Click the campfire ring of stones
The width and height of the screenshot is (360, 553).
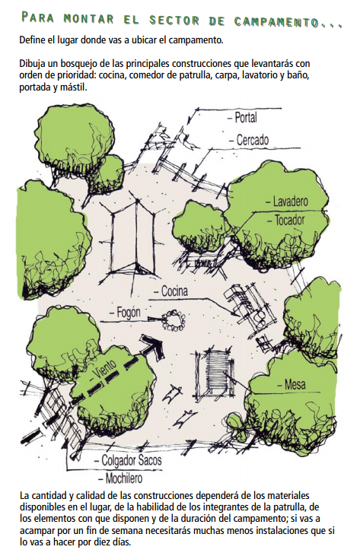point(174,320)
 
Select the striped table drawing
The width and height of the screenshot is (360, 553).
point(214,374)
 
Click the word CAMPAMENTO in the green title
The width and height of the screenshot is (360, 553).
point(276,21)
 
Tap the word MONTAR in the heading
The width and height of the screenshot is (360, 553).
point(88,19)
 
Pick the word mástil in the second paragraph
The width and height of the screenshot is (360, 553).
point(73,87)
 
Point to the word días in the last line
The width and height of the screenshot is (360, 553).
point(122,542)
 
